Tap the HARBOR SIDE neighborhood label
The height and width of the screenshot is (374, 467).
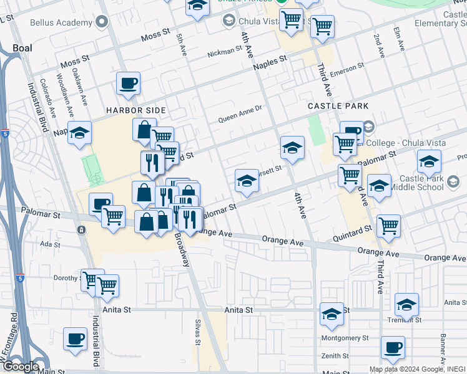[135, 110]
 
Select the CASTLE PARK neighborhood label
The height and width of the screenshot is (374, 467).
[338, 107]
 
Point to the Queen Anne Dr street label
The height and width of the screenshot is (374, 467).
[239, 117]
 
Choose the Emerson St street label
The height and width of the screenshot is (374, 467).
[347, 69]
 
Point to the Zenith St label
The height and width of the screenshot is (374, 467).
[336, 356]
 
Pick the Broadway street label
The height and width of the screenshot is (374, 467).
[182, 250]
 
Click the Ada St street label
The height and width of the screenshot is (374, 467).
[49, 245]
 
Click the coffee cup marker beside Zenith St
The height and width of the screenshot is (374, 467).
[393, 347]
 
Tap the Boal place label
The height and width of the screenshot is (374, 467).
[22, 47]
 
